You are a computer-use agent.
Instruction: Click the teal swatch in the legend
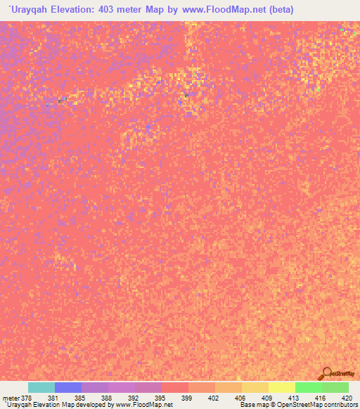coord(41,387)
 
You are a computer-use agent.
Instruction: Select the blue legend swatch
coord(68,387)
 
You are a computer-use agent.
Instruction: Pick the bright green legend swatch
coord(308,387)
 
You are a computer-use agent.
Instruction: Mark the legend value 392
coord(134,398)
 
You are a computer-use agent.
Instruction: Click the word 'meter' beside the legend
coord(11,398)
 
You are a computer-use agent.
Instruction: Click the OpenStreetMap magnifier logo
coord(327,373)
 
